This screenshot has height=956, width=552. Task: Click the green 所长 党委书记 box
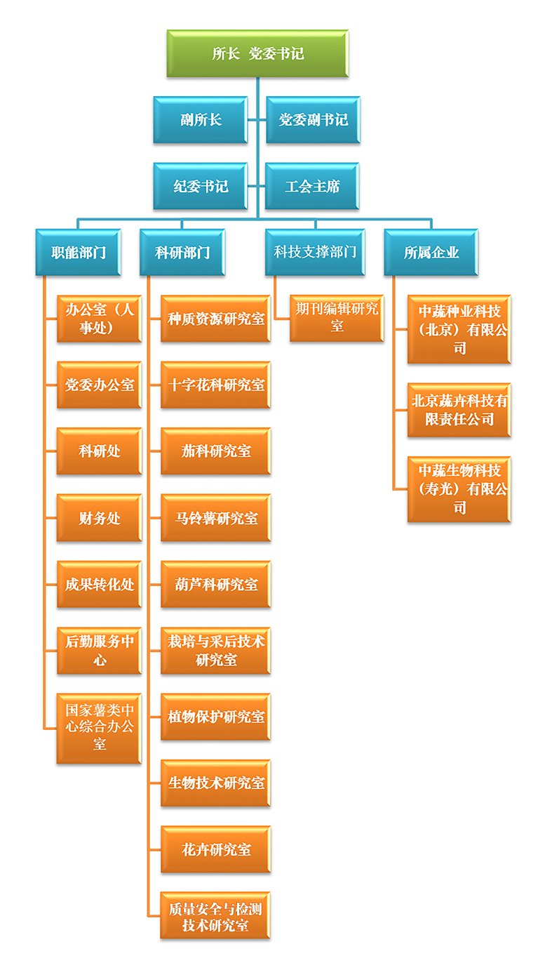coord(257,53)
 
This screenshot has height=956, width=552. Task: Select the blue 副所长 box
coord(201,120)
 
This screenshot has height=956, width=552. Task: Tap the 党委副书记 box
coord(313,120)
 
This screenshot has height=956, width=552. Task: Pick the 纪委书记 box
coord(201,186)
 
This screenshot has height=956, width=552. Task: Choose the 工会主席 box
coord(313,186)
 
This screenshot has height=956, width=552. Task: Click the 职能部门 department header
coord(79,252)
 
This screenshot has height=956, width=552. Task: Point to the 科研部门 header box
coord(182,252)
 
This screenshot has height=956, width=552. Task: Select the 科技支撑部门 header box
coord(315,252)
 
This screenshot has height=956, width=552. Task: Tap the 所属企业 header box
coord(431,252)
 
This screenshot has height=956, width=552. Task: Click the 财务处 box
coord(100,518)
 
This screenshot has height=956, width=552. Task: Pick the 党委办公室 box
coord(100,385)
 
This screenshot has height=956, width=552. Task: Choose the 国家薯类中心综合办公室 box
coord(100,727)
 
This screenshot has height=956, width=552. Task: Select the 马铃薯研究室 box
coord(216,518)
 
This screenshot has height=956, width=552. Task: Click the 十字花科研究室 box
coord(216,385)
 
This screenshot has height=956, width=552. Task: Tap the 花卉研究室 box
coord(216,849)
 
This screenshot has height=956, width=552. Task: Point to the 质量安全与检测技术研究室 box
coord(216,916)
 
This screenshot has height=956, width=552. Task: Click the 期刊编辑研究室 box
coord(337,318)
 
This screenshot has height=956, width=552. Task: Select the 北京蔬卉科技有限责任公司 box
coord(459,410)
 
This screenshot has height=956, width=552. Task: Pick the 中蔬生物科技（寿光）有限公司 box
coord(459,489)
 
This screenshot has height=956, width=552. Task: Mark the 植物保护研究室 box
coord(216,717)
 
